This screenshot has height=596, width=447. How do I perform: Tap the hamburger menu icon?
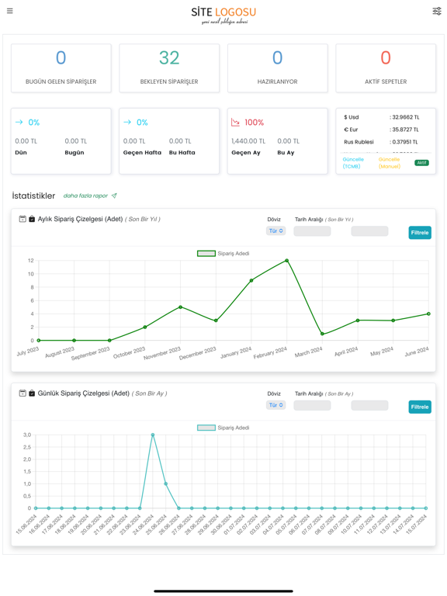point(10,11)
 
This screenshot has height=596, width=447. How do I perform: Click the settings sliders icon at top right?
point(437,11)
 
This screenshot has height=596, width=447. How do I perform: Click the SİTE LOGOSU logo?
point(223,13)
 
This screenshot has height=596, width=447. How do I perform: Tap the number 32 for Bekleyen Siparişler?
point(169,58)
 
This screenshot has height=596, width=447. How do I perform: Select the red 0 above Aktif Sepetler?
point(386,58)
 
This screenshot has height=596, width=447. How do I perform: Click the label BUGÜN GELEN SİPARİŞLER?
point(61,81)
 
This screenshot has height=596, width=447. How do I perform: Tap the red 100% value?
point(254,123)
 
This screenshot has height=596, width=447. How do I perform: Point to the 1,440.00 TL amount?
point(248,141)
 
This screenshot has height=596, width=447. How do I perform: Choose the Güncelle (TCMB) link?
point(353,163)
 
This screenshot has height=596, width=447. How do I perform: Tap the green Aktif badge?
point(421,163)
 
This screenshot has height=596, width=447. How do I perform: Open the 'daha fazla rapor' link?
point(85,196)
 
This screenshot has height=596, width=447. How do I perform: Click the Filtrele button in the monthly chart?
point(420,233)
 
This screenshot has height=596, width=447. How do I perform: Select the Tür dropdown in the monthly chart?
point(276,231)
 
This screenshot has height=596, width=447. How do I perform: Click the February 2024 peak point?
point(287,261)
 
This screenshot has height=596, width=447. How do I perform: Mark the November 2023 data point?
point(181,307)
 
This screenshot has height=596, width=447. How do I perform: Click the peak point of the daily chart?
point(153,435)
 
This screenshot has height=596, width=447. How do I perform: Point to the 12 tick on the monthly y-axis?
point(30,261)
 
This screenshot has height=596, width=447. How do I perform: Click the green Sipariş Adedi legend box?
point(206,254)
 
